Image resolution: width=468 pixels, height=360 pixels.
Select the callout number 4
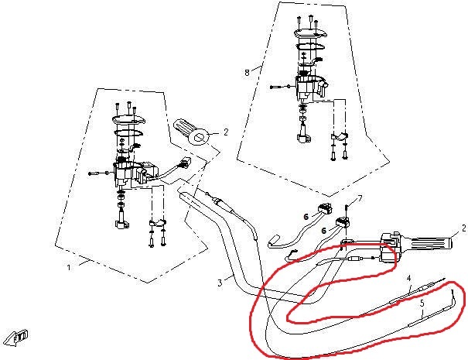click(x=408, y=278)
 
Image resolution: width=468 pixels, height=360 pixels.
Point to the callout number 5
click(x=422, y=304)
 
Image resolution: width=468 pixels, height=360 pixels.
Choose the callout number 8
click(x=247, y=72)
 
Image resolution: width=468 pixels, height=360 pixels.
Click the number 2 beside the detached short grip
click(x=226, y=132)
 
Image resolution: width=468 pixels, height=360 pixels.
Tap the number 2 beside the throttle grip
click(x=463, y=228)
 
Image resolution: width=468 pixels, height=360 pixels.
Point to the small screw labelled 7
click(x=347, y=208)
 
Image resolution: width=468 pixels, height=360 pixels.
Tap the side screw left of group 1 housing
click(x=94, y=173)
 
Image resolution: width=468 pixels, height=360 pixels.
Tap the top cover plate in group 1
click(x=127, y=119)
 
